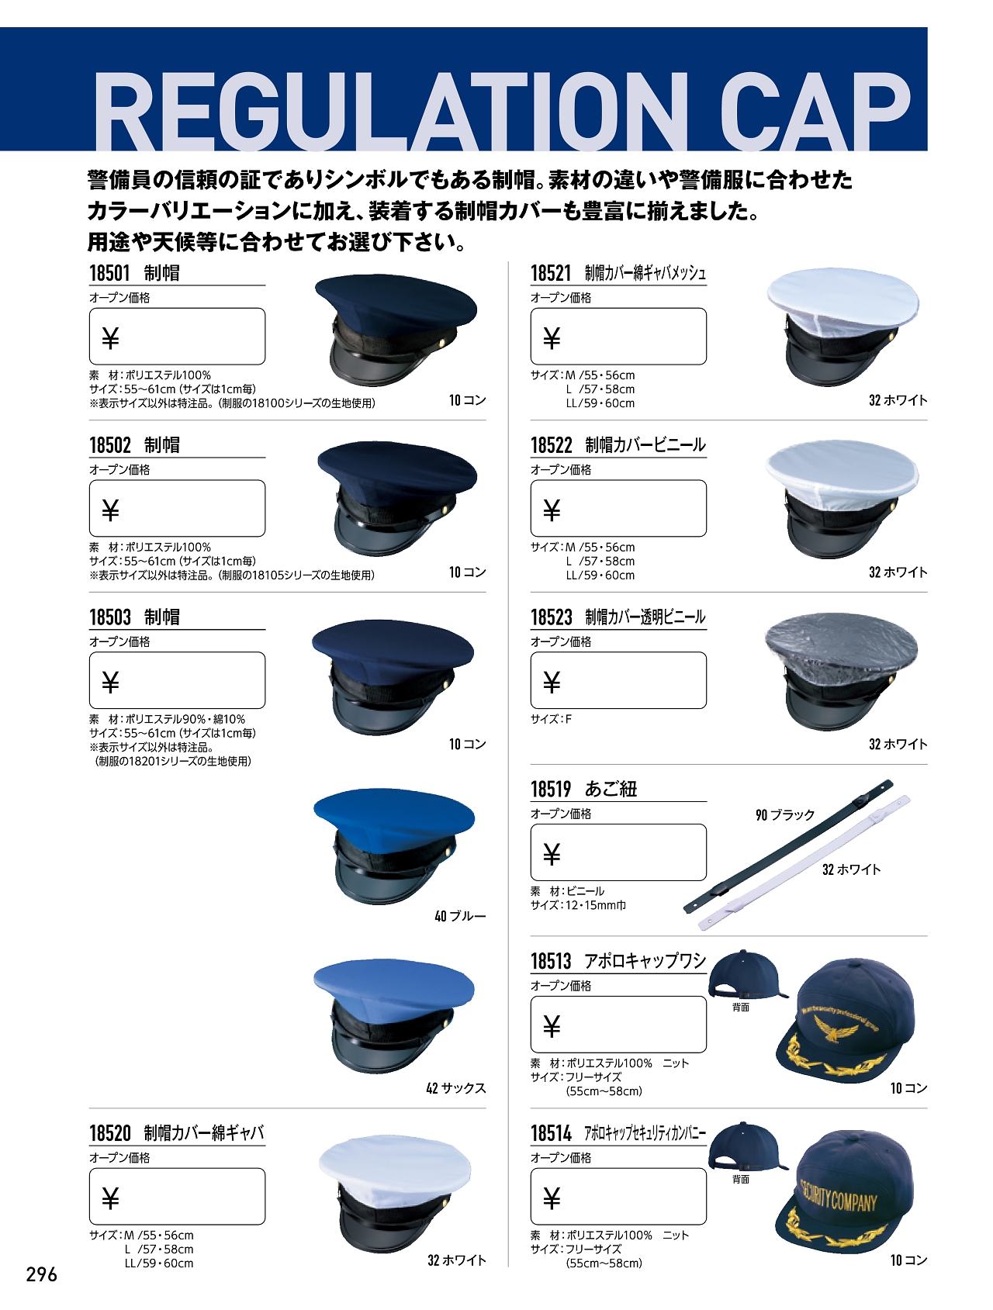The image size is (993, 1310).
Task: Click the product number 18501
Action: click(109, 273)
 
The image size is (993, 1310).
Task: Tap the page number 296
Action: click(42, 1274)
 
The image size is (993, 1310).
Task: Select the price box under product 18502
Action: click(177, 508)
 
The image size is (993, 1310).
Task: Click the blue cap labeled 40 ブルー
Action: click(393, 845)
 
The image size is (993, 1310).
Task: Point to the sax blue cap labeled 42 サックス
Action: click(393, 1016)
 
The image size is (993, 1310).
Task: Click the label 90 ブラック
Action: click(785, 815)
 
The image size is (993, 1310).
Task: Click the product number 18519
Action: click(551, 790)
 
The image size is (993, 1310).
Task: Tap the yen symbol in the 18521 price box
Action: click(552, 338)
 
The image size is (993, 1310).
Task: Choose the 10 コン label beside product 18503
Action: click(467, 744)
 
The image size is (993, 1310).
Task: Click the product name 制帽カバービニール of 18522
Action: click(645, 445)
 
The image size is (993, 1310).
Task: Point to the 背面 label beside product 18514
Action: click(741, 1180)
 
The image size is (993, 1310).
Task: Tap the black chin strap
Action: click(787, 845)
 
